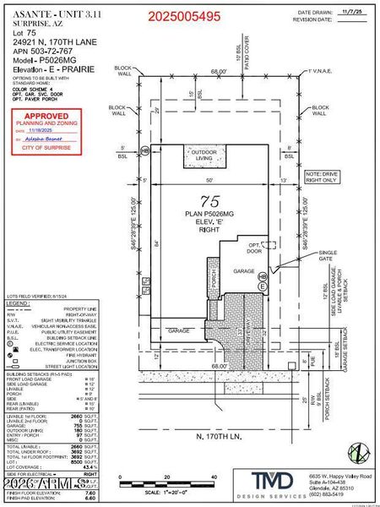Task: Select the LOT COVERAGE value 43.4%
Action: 73,467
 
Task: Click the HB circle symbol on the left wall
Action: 144,150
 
